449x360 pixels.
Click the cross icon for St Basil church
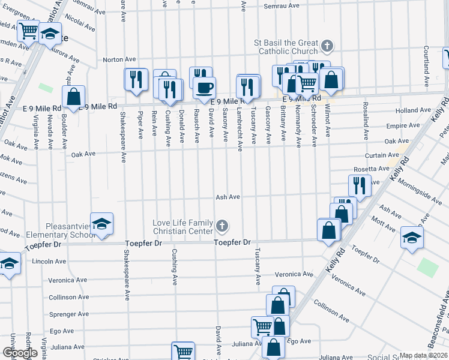click(327, 46)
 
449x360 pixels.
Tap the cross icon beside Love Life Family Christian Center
click(222, 226)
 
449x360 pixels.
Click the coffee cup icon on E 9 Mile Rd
click(204, 88)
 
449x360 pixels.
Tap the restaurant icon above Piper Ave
click(136, 79)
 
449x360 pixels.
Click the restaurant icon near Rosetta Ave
click(360, 185)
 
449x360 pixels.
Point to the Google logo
click(20, 353)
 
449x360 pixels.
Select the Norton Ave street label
click(119, 59)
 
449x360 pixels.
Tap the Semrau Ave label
click(282, 6)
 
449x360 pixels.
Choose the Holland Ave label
click(410, 110)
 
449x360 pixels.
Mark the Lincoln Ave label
click(49, 262)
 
